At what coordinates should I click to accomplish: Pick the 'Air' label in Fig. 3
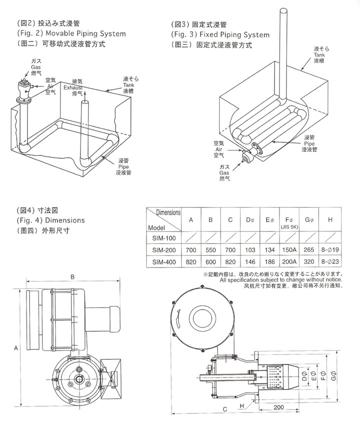(218, 148)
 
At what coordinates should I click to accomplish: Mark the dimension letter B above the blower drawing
(72, 276)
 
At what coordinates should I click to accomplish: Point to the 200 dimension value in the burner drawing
(280, 407)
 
